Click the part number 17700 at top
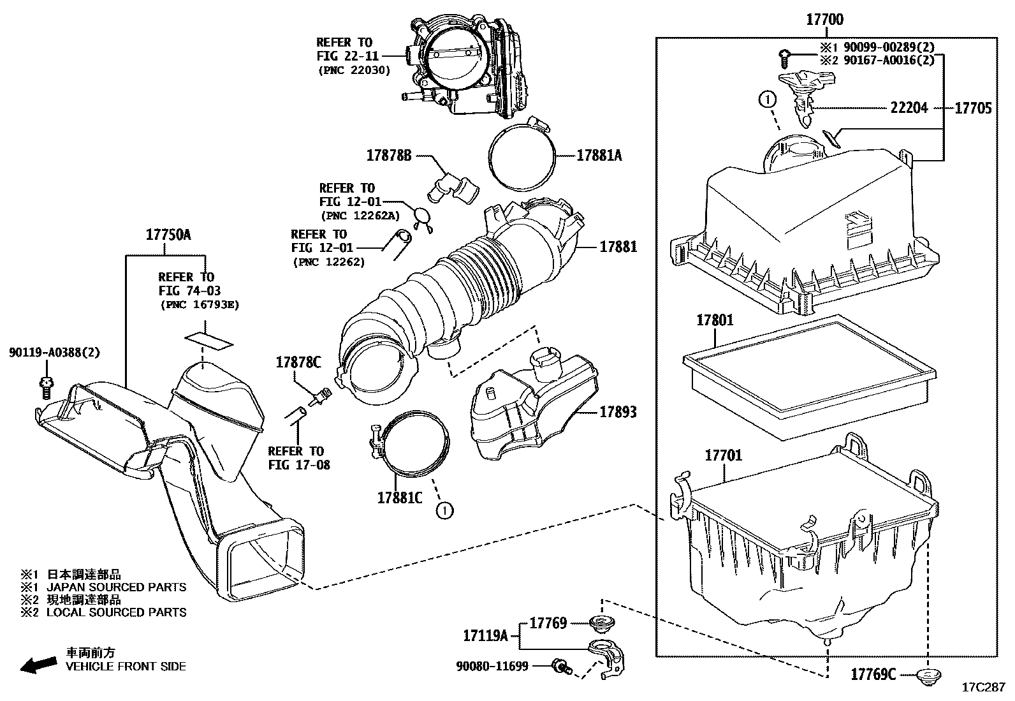824,20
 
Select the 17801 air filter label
715,320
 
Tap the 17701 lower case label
723,455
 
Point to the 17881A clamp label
599,155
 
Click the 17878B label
389,155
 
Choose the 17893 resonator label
617,412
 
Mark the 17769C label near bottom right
873,674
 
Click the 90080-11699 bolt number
492,667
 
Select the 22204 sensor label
909,108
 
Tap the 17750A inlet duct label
168,235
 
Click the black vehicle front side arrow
38,666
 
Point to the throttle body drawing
465,64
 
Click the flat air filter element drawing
808,376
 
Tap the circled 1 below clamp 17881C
444,510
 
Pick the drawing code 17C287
982,688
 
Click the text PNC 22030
354,71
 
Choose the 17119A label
485,635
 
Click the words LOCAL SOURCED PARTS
117,612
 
